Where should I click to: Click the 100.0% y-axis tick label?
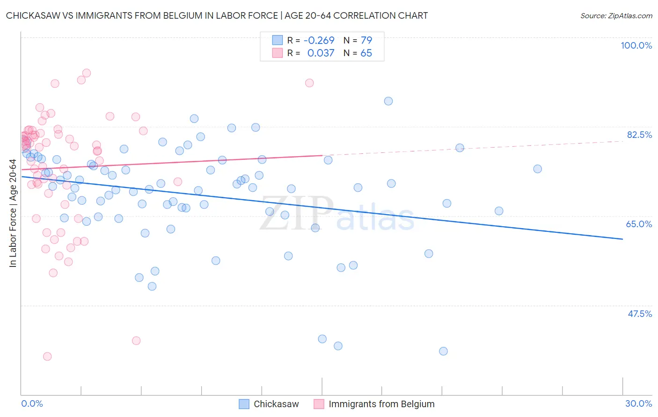pyautogui.click(x=636, y=45)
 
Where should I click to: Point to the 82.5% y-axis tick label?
pyautogui.click(x=639, y=135)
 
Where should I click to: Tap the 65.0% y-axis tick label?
pyautogui.click(x=639, y=224)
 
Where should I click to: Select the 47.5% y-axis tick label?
pyautogui.click(x=639, y=314)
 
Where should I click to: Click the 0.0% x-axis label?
pyautogui.click(x=32, y=403)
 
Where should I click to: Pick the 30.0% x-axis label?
pyautogui.click(x=638, y=403)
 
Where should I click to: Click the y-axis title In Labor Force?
pyautogui.click(x=13, y=213)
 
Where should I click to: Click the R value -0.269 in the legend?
pyautogui.click(x=319, y=40)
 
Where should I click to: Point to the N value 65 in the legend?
pyautogui.click(x=366, y=53)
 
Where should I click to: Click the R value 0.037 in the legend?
pyautogui.click(x=321, y=53)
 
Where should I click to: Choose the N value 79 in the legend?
pyautogui.click(x=366, y=40)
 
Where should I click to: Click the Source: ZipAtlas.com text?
pyautogui.click(x=616, y=15)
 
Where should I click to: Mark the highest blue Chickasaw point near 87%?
pyautogui.click(x=388, y=101)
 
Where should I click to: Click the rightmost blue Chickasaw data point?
pyautogui.click(x=537, y=169)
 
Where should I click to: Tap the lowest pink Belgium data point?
pyautogui.click(x=47, y=356)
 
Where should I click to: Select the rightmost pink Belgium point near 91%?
pyautogui.click(x=309, y=83)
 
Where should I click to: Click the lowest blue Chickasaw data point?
pyautogui.click(x=443, y=351)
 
